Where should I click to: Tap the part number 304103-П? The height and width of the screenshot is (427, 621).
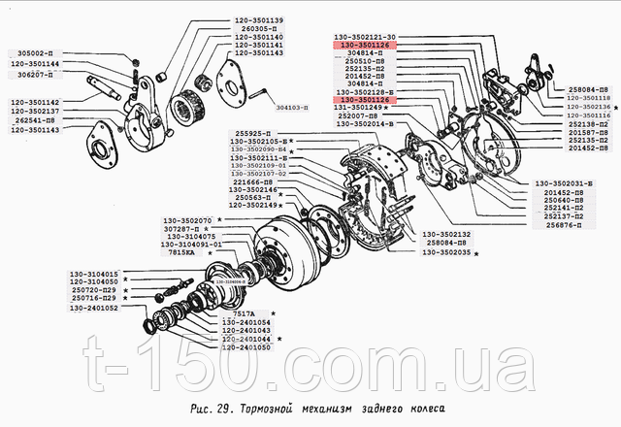[x=296, y=109]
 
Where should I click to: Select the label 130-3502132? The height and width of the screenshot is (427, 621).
[x=447, y=235]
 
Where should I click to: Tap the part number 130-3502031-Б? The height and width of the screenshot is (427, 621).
[x=565, y=184]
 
